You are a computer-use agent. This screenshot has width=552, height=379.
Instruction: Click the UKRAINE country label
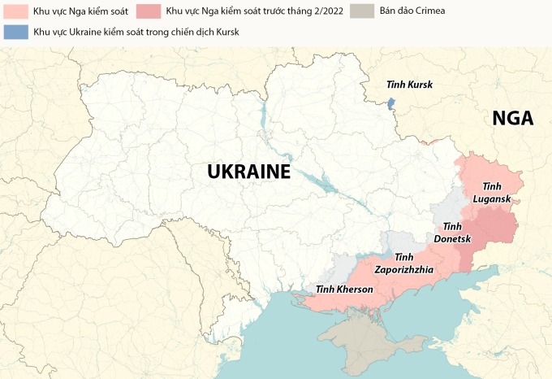click(248, 172)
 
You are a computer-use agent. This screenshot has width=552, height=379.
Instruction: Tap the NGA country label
click(512, 119)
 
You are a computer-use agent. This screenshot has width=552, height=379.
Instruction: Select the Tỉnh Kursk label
click(409, 85)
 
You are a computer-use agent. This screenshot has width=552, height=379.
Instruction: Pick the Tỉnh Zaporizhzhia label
click(403, 264)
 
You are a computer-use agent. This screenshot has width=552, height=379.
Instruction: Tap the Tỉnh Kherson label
click(344, 290)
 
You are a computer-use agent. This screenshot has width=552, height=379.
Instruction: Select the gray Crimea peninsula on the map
click(362, 338)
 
